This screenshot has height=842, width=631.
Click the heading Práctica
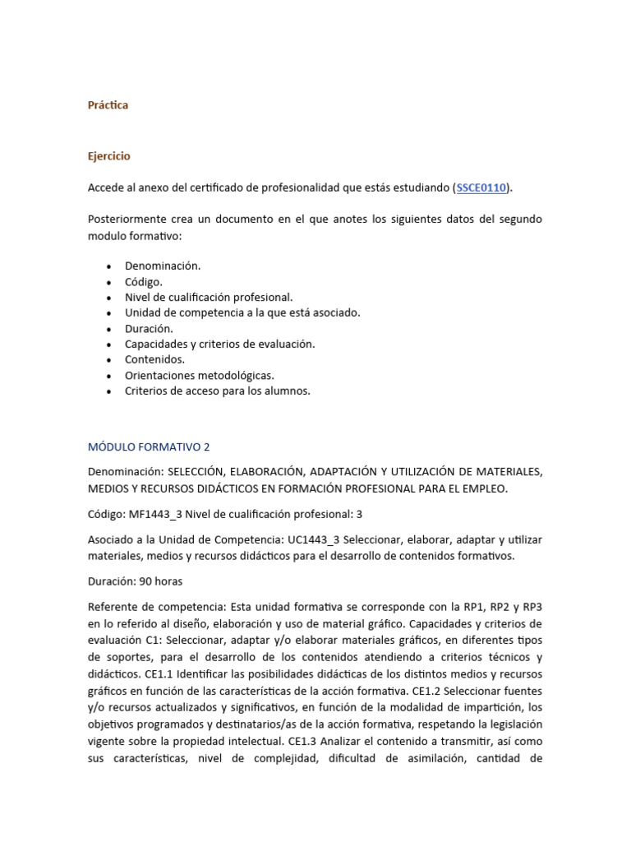(108, 105)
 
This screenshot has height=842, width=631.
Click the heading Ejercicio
(108, 156)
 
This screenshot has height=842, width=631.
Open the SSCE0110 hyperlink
(481, 187)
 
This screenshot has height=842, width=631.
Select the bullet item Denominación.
(162, 266)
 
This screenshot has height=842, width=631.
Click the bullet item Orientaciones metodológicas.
(199, 375)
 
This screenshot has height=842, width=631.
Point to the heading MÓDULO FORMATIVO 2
(149, 447)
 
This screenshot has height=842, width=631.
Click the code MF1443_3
(156, 514)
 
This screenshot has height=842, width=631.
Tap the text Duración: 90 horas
(135, 581)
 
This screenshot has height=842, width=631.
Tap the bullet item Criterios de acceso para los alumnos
(217, 391)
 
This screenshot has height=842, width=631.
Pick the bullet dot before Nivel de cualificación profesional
(109, 297)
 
